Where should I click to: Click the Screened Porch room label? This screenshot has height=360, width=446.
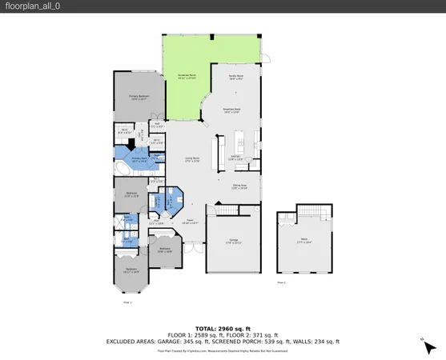point(186,78)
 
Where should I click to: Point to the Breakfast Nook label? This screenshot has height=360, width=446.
point(231,112)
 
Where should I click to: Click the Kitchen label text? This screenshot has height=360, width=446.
point(235,158)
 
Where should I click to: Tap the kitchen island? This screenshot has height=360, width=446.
point(215,151)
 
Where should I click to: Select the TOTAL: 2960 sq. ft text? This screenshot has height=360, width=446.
point(223,329)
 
